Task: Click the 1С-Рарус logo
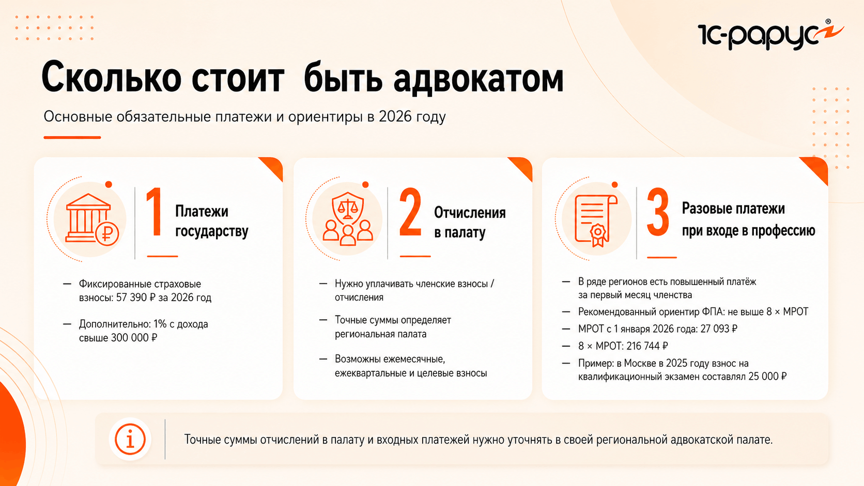click(x=770, y=35)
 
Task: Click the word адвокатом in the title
click(x=479, y=79)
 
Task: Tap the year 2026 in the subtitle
click(x=395, y=116)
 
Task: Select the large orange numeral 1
click(x=155, y=212)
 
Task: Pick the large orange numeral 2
click(x=410, y=212)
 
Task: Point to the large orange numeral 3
click(x=658, y=212)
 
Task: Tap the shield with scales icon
click(x=348, y=218)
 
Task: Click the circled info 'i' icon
click(x=130, y=440)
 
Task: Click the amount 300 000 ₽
click(x=134, y=338)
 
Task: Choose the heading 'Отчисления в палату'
click(x=470, y=223)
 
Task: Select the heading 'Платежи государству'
click(x=212, y=221)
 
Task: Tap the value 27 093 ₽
click(x=719, y=329)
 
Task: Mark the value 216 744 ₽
click(x=647, y=346)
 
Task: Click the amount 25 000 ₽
click(x=767, y=377)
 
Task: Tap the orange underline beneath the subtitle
click(x=72, y=137)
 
